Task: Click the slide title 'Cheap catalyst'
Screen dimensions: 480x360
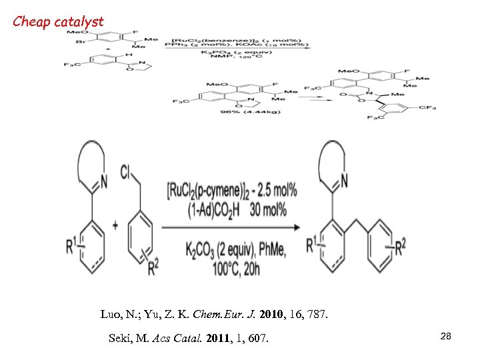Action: click(x=59, y=21)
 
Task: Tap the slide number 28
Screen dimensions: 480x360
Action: click(x=446, y=337)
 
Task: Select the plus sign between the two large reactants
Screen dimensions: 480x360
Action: click(x=115, y=225)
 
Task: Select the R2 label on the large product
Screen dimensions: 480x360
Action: click(x=399, y=248)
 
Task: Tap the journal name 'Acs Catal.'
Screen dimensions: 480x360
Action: click(x=167, y=339)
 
